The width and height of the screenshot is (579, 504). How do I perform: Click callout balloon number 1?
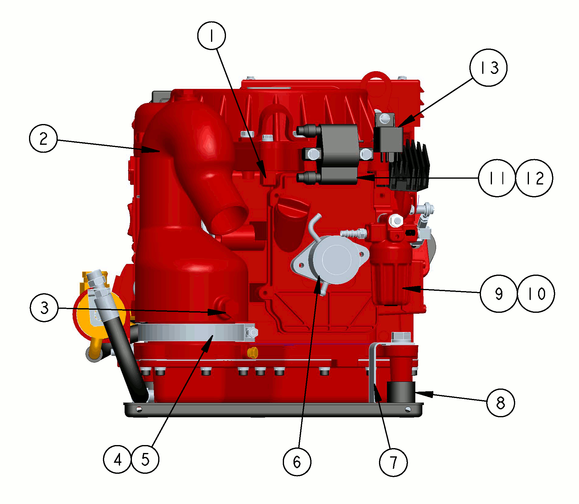click(212, 35)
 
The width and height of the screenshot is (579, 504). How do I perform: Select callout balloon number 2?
click(43, 138)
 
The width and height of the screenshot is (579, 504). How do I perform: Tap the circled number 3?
click(44, 308)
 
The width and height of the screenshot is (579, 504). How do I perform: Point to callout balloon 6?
click(297, 462)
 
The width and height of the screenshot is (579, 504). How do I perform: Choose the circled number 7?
click(393, 462)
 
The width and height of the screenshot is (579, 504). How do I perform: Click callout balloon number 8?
click(501, 403)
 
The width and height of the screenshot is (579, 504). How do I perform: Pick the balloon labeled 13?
click(489, 68)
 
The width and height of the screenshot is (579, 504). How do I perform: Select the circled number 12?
click(534, 178)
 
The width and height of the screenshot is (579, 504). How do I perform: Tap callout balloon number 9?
click(499, 294)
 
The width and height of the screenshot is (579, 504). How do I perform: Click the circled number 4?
click(118, 459)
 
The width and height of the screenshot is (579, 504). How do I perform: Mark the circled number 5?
click(145, 459)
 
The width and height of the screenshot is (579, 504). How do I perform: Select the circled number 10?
click(536, 294)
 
